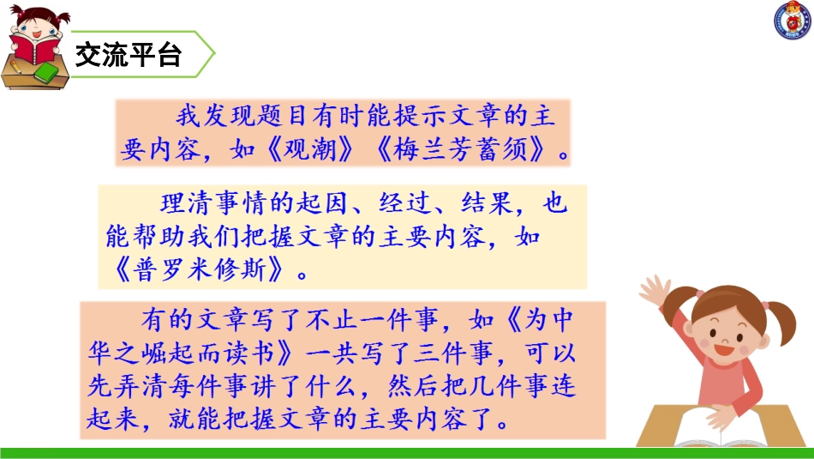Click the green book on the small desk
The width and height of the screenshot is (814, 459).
point(50,72)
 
